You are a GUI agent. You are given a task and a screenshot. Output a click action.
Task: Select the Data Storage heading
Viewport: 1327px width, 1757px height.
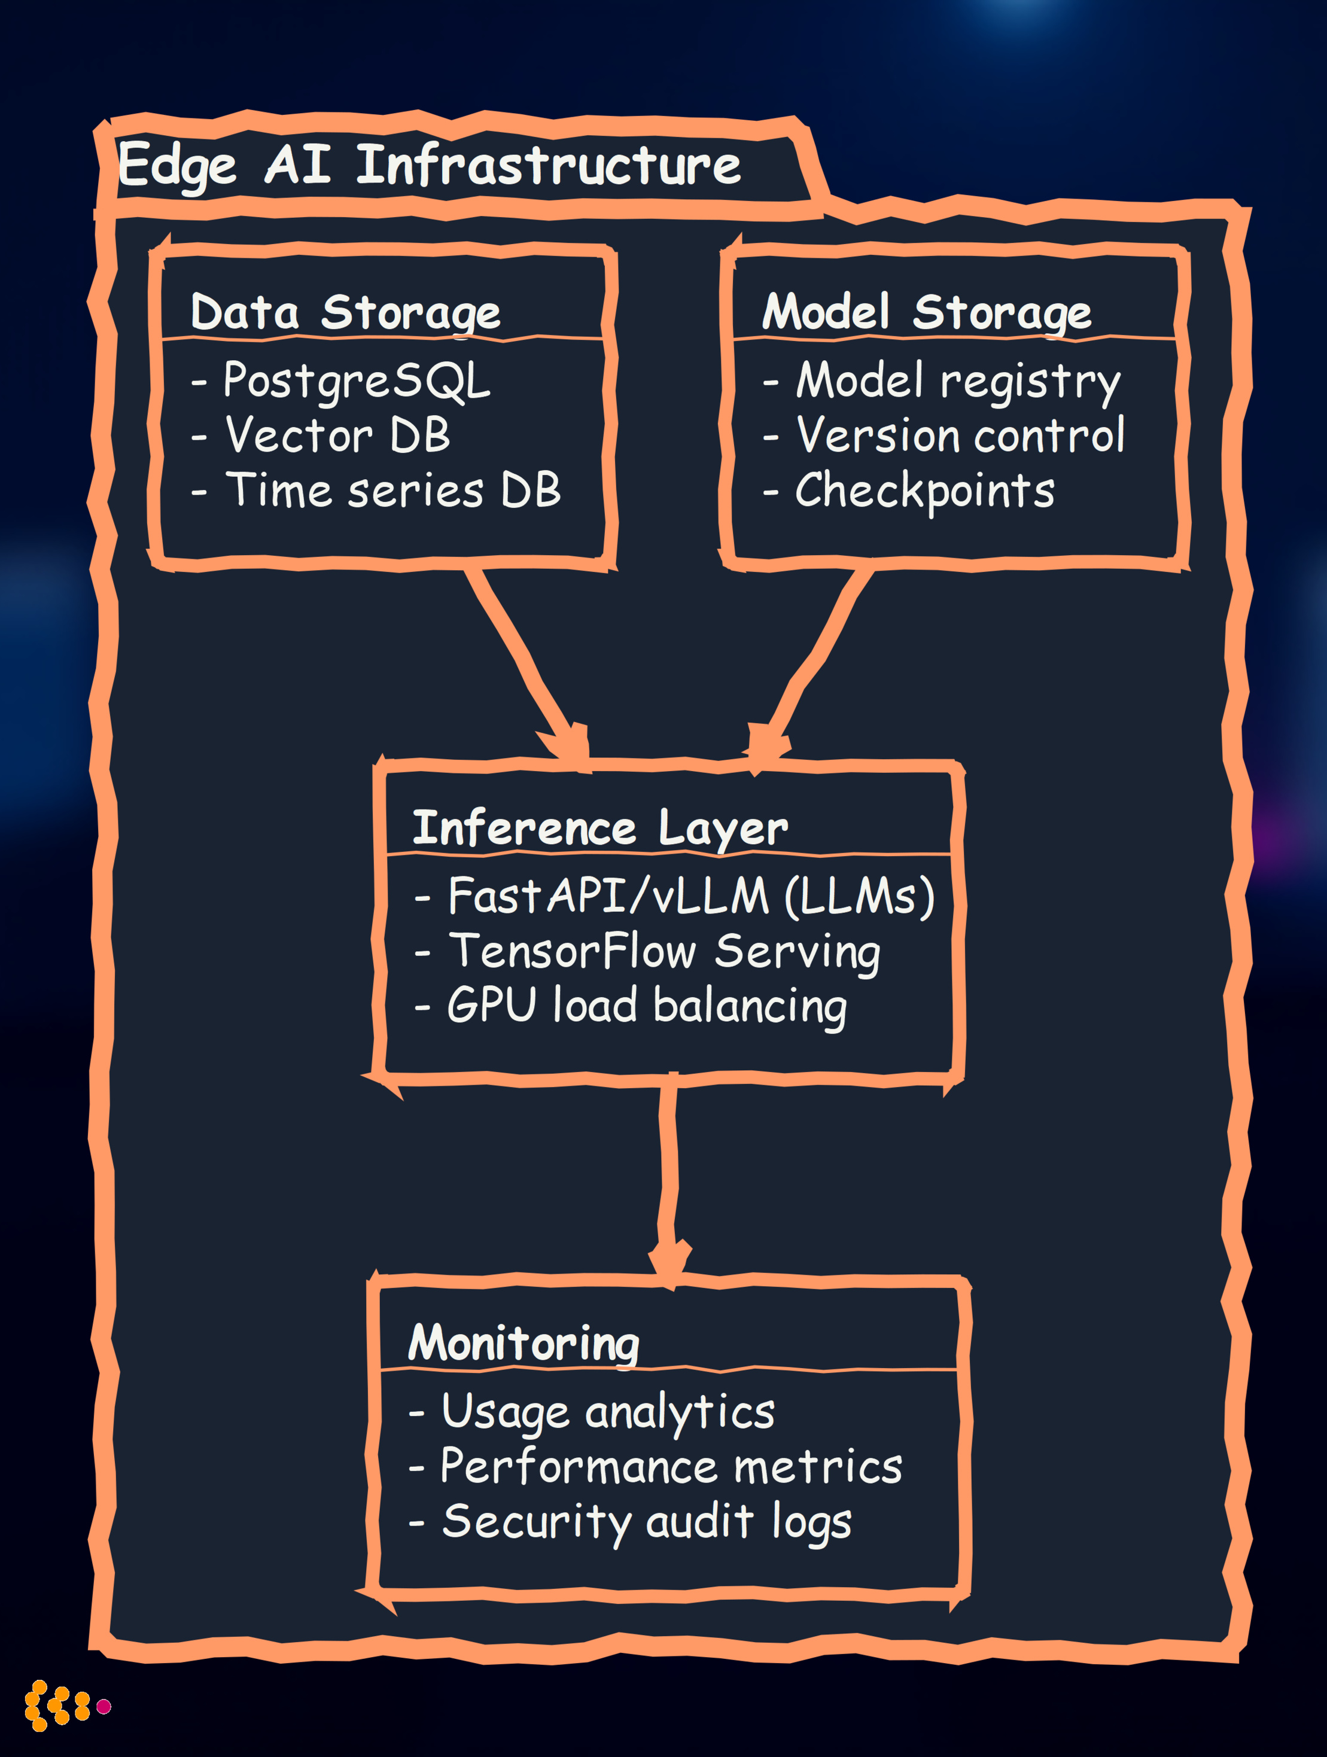pyautogui.click(x=346, y=312)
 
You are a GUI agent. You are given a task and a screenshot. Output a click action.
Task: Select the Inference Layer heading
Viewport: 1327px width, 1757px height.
pyautogui.click(x=600, y=829)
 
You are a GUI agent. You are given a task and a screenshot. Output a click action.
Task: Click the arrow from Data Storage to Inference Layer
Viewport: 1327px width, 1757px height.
pyautogui.click(x=525, y=659)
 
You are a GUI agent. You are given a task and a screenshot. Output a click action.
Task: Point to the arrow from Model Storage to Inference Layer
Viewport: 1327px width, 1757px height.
pyautogui.click(x=814, y=659)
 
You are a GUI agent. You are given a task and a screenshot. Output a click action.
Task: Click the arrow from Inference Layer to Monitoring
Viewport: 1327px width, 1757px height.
pyautogui.click(x=668, y=1176)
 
